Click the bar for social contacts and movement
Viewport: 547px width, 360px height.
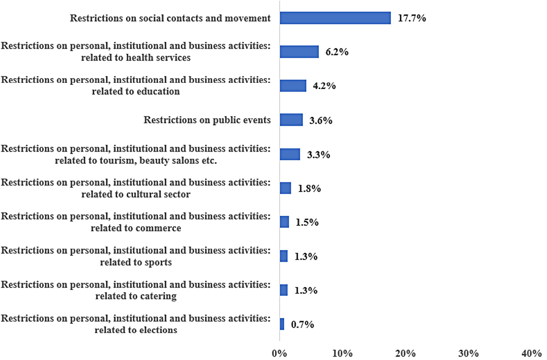coord(335,18)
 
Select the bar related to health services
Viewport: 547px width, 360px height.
coord(299,52)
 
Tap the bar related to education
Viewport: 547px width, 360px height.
coord(293,85)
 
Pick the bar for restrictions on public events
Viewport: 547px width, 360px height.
coord(291,120)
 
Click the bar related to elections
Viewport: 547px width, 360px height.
coord(282,324)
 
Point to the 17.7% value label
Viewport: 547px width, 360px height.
coord(411,18)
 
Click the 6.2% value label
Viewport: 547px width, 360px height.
coord(337,52)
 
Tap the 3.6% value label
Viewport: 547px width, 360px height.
coord(321,120)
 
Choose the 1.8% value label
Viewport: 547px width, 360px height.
coord(309,189)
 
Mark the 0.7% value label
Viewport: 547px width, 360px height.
coord(302,324)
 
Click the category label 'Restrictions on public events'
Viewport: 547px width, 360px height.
coord(207,120)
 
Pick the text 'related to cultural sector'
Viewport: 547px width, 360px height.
coord(136,194)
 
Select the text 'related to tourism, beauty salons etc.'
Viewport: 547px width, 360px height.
coord(136,160)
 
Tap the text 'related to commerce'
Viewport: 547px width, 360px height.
coord(136,228)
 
